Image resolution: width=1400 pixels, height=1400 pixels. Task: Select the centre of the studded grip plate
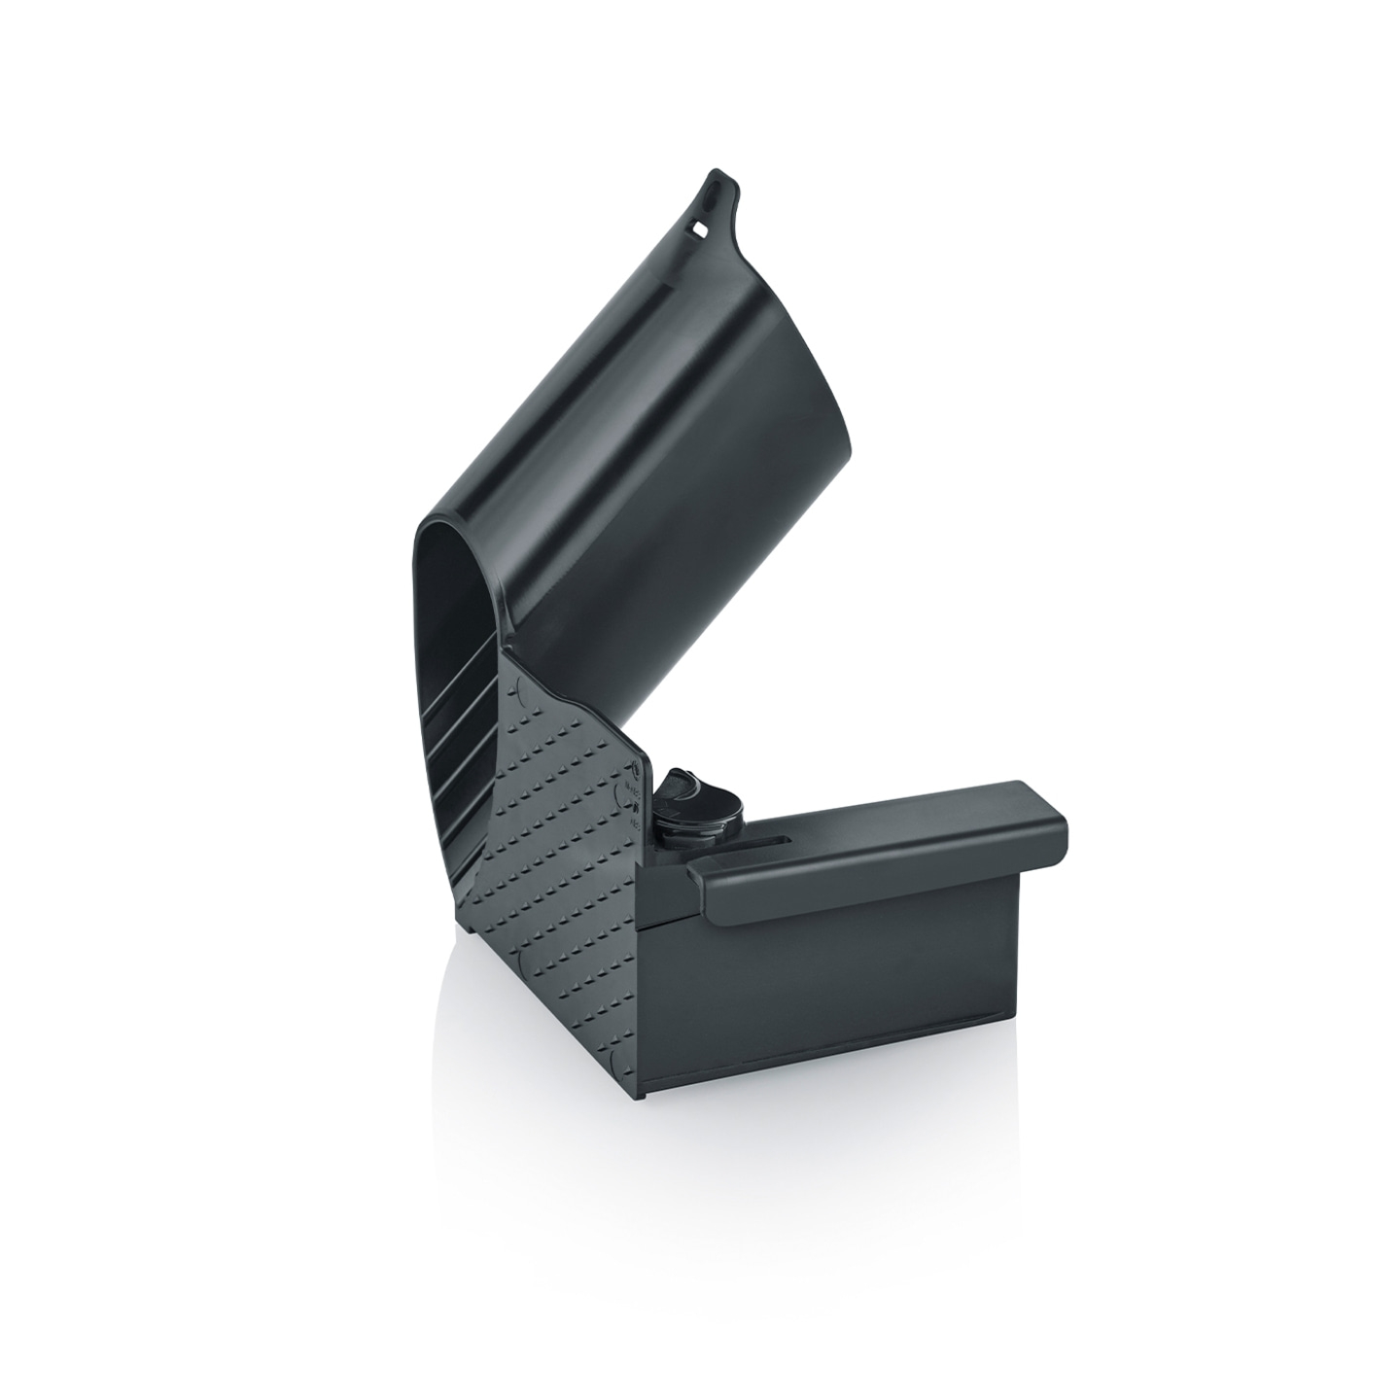tap(564, 836)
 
